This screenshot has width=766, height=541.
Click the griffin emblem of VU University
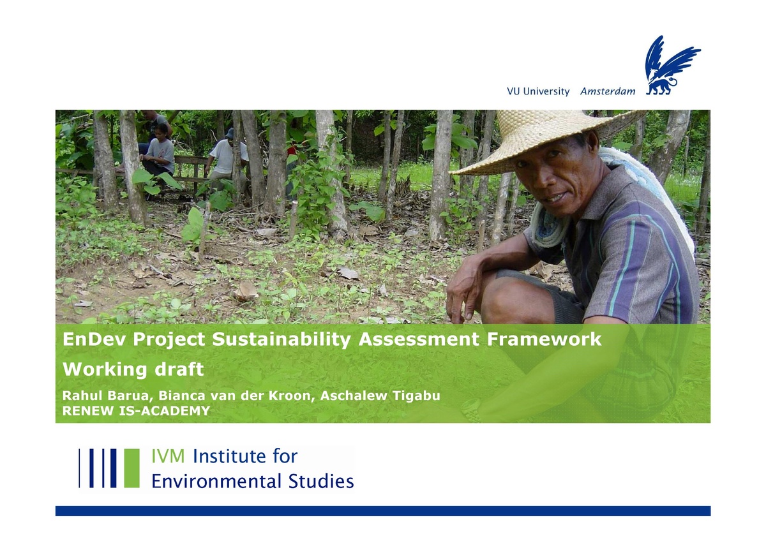[670, 65]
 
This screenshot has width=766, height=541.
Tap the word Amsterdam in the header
[608, 91]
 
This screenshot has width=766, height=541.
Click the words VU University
[537, 91]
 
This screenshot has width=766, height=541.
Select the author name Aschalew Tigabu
[380, 396]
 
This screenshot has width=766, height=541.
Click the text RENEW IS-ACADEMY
[136, 411]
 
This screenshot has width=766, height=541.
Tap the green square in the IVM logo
[131, 468]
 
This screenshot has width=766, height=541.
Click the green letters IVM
[169, 457]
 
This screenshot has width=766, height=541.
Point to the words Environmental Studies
[252, 480]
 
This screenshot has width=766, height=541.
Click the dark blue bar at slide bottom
[383, 510]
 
